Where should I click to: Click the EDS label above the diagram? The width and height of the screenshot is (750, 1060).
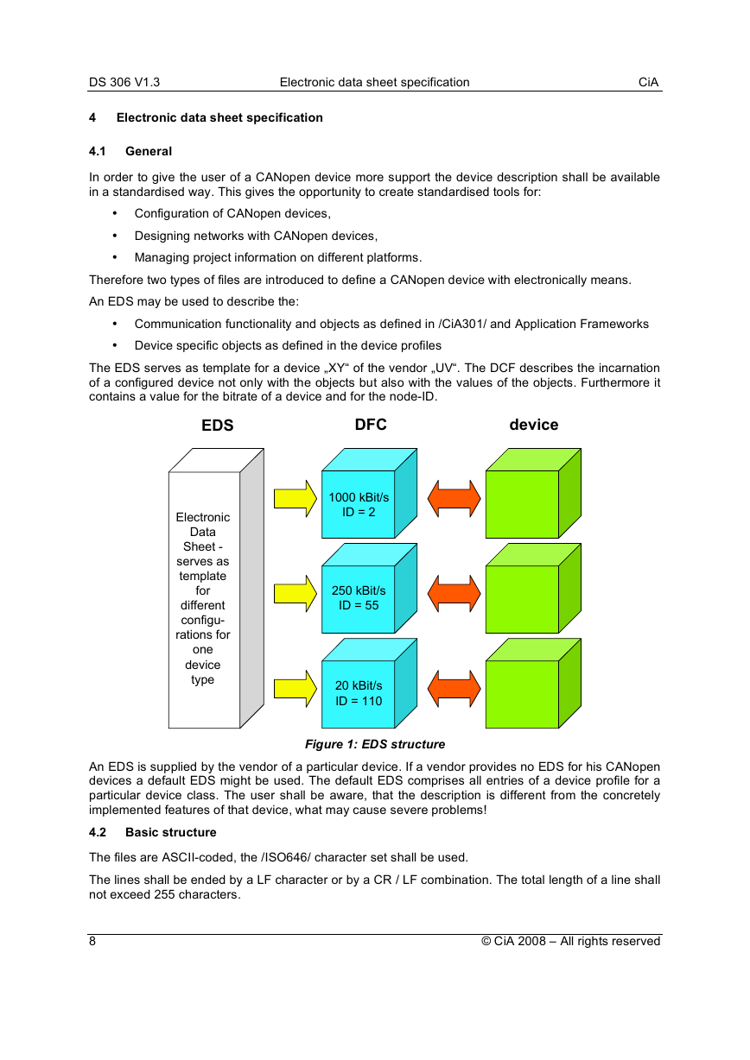pyautogui.click(x=218, y=425)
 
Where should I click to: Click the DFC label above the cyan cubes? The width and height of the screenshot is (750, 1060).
pyautogui.click(x=371, y=424)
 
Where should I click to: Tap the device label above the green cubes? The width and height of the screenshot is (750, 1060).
pyautogui.click(x=533, y=425)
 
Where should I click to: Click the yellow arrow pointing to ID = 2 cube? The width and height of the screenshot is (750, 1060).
pyautogui.click(x=296, y=499)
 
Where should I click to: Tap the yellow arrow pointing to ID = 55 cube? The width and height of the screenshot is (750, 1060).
pyautogui.click(x=296, y=594)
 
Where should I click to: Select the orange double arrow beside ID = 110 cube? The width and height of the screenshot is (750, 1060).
pyautogui.click(x=454, y=689)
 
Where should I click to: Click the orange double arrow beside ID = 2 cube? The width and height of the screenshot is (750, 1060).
pyautogui.click(x=454, y=499)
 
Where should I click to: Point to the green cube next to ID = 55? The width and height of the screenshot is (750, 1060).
pyautogui.click(x=533, y=588)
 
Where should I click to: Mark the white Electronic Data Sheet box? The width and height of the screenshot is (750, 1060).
pyautogui.click(x=216, y=588)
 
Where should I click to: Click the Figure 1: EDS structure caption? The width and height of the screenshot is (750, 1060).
pyautogui.click(x=375, y=744)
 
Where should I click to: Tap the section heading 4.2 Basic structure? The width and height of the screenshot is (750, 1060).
pyautogui.click(x=153, y=832)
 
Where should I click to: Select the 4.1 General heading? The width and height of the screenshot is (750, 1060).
pyautogui.click(x=130, y=151)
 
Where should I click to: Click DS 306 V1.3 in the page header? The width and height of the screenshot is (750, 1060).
pyautogui.click(x=124, y=82)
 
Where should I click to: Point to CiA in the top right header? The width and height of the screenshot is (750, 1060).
pyautogui.click(x=648, y=82)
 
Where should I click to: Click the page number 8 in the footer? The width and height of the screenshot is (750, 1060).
pyautogui.click(x=92, y=941)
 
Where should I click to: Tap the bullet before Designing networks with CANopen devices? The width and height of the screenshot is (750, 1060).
pyautogui.click(x=115, y=236)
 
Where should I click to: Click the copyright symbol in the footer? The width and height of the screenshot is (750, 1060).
pyautogui.click(x=486, y=941)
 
